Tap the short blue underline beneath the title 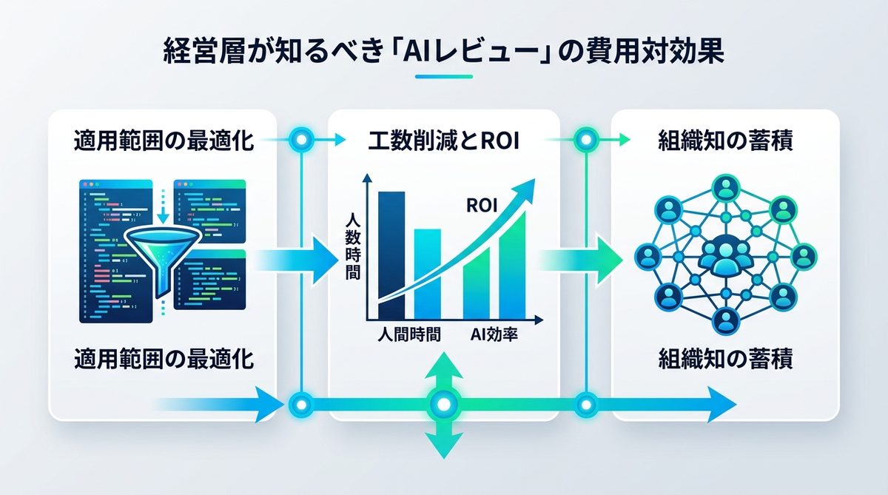[443, 76]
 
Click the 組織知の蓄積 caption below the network [725, 360]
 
